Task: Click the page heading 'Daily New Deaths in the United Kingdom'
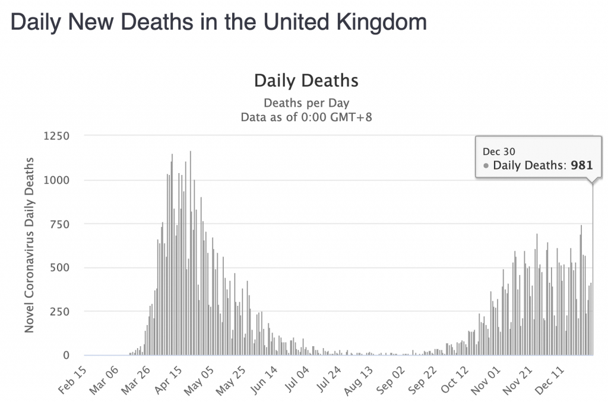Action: [x=218, y=23]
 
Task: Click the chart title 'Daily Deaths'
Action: [x=306, y=80]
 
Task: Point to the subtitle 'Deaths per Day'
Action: [x=306, y=103]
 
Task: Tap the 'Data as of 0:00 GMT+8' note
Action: [x=306, y=117]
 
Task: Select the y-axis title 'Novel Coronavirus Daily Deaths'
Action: [x=28, y=244]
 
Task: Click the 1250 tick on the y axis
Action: [x=57, y=136]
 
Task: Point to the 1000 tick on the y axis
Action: [x=57, y=180]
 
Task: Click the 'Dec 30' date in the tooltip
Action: [x=495, y=152]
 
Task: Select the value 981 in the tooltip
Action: [x=581, y=165]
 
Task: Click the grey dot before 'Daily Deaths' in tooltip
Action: [x=486, y=166]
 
